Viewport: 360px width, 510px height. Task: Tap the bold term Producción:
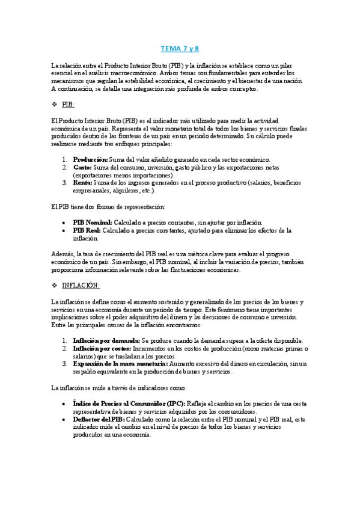(x=91, y=159)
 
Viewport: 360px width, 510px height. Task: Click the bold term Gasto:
(x=83, y=167)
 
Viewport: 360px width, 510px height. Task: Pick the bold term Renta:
(x=83, y=183)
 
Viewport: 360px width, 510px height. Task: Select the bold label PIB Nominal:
(x=93, y=223)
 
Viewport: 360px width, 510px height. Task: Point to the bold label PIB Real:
(x=87, y=230)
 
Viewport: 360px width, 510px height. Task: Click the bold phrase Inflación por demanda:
(x=106, y=340)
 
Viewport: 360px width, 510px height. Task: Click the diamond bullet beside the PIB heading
(x=54, y=105)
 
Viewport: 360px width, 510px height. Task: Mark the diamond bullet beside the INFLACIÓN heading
(x=54, y=285)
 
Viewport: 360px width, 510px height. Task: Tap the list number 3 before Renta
(x=64, y=183)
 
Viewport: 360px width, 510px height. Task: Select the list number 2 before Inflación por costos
(x=64, y=348)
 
